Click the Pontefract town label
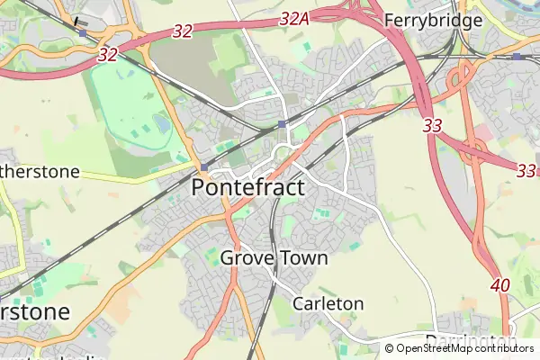tap(248, 188)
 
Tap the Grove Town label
tap(274, 258)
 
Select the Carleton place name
tap(328, 303)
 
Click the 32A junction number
tap(295, 19)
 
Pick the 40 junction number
tap(501, 285)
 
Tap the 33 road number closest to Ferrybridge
tap(433, 127)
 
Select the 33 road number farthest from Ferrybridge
tap(526, 169)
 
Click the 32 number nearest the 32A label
tap(182, 31)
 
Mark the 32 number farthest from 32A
tap(108, 55)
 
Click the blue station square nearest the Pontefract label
tap(204, 167)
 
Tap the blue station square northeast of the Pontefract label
tap(282, 123)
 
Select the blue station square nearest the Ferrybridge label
tap(516, 57)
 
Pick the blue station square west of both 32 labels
tap(83, 32)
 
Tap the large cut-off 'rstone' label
tap(34, 312)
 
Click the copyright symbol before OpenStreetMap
tap(390, 348)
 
